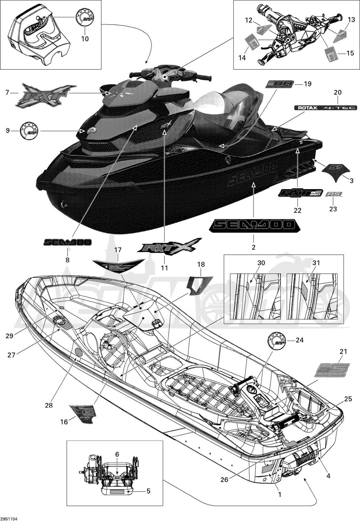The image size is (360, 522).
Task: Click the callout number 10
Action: pyautogui.click(x=85, y=39)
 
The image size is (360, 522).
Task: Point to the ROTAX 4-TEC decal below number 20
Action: pyautogui.click(x=325, y=107)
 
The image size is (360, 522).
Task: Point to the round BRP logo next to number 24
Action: pyautogui.click(x=275, y=341)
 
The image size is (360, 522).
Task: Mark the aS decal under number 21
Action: pyautogui.click(x=332, y=370)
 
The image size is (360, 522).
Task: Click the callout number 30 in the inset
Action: pyautogui.click(x=261, y=263)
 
